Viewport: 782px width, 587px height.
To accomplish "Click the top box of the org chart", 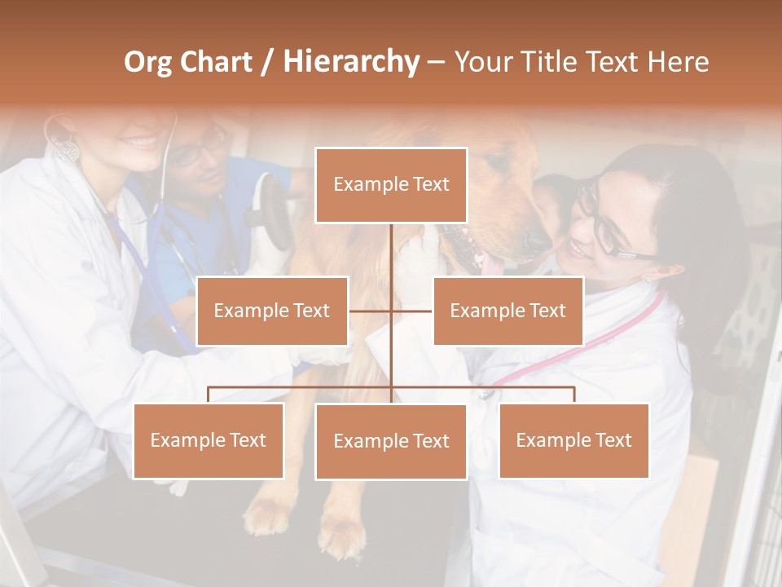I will point(391,185).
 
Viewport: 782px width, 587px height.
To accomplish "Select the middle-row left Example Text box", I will point(272,311).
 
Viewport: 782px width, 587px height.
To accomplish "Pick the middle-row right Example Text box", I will point(507,311).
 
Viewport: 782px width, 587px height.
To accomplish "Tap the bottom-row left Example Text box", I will point(209,440).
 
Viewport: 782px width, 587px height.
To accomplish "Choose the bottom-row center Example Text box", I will point(391,441).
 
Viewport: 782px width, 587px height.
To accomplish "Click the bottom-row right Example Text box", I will point(573,440).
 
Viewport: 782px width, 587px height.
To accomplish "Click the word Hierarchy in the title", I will point(350,61).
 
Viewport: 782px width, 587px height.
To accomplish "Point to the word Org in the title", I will point(148,62).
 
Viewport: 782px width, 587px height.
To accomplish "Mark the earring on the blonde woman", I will point(67,148).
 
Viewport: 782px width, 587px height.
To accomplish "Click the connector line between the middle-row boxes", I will point(391,311).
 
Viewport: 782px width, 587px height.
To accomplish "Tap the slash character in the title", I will point(267,62).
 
